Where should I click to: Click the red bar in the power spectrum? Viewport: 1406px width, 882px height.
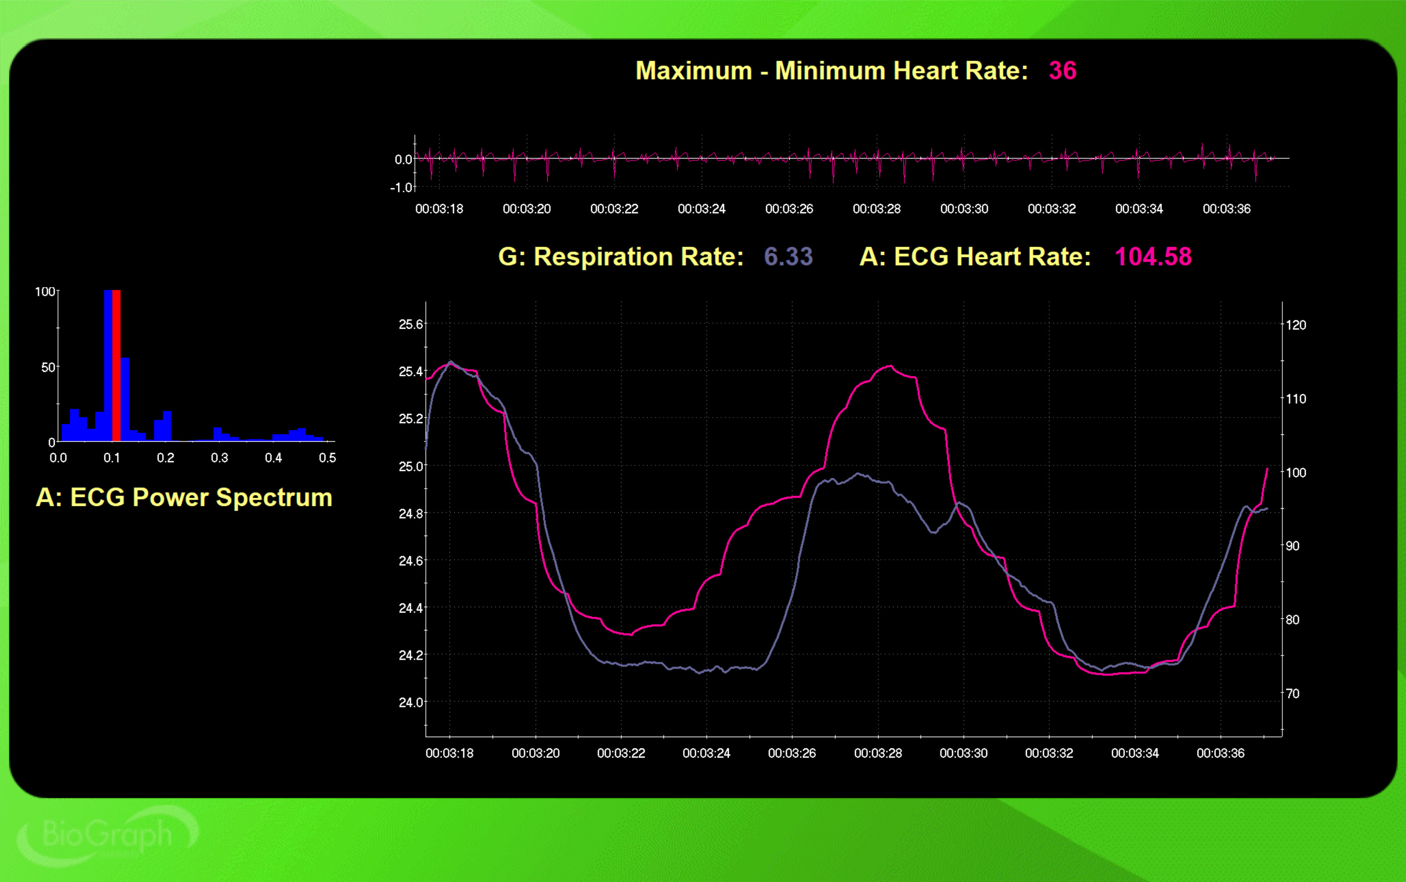117,365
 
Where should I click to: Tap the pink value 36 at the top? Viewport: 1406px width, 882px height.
1062,71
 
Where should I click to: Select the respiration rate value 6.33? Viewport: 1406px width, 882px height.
788,257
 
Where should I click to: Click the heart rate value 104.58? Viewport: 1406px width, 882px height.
1153,257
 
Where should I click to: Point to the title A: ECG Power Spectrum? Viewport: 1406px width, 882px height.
184,498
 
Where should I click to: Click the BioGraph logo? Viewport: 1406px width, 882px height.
108,835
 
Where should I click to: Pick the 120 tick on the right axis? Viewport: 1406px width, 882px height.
1296,325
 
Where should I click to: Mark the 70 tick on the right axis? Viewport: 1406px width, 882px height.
1292,694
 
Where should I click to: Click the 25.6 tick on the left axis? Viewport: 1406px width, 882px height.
411,325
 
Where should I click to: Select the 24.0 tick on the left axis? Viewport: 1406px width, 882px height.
411,702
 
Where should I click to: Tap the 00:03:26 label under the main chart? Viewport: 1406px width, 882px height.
791,753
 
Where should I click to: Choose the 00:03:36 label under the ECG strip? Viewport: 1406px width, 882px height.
1226,209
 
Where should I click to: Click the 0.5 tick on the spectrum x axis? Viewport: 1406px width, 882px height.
327,458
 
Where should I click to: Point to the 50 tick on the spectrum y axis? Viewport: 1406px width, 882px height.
48,367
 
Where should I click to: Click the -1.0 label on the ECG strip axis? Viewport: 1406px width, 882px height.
401,187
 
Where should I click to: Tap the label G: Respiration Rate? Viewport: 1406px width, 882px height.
620,257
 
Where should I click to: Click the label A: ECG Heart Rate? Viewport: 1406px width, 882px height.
975,257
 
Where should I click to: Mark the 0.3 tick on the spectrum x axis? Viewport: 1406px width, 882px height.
219,458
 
